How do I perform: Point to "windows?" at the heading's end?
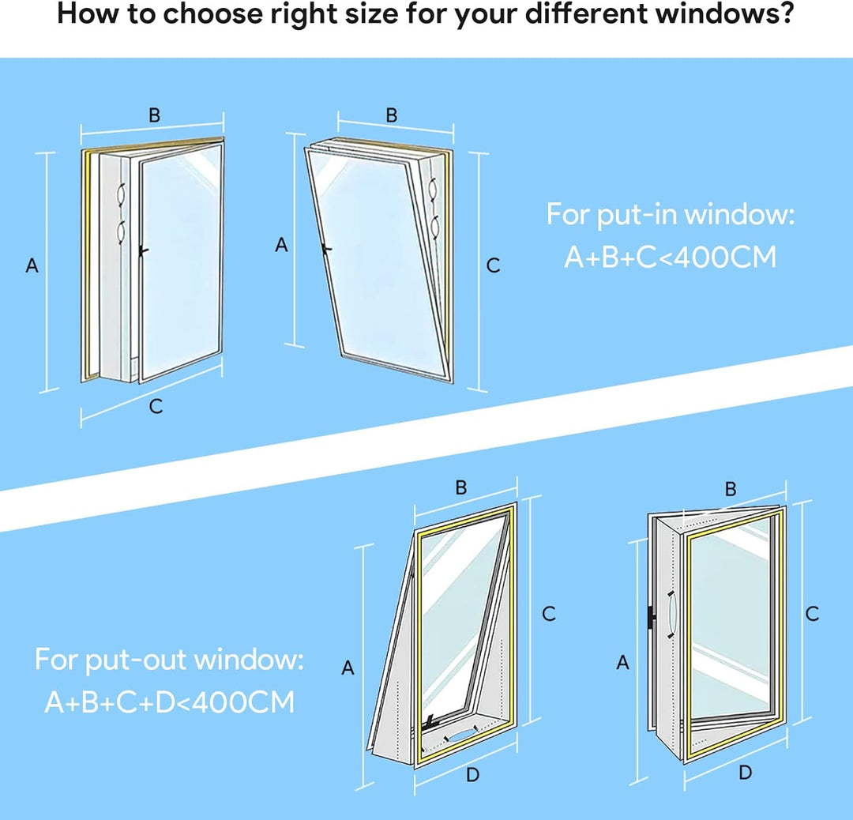pyautogui.click(x=724, y=13)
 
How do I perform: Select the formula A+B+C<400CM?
pyautogui.click(x=671, y=257)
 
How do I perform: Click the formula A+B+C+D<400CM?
pyautogui.click(x=169, y=702)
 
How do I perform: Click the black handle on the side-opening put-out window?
pyautogui.click(x=651, y=620)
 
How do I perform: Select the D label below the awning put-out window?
pyautogui.click(x=473, y=774)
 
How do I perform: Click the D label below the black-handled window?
pyautogui.click(x=746, y=772)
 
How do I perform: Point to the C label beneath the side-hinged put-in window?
pyautogui.click(x=156, y=406)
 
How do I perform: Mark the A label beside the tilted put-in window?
pyautogui.click(x=281, y=245)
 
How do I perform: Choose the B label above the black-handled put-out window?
pyautogui.click(x=731, y=489)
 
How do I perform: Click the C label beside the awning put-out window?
pyautogui.click(x=549, y=614)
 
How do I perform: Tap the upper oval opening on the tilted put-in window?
pyautogui.click(x=434, y=189)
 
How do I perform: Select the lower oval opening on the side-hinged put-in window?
pyautogui.click(x=122, y=231)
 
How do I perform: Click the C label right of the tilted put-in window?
pyautogui.click(x=493, y=265)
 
